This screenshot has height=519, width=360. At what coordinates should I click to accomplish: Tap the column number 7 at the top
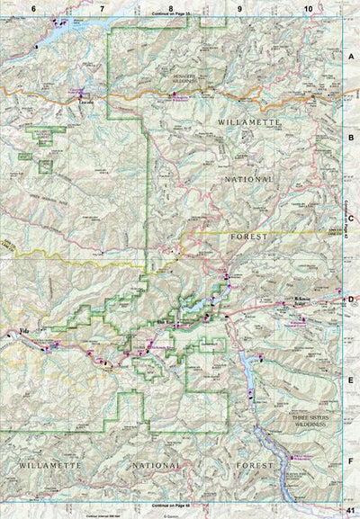click(x=102, y=8)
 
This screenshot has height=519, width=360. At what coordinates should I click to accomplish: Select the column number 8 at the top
click(x=171, y=8)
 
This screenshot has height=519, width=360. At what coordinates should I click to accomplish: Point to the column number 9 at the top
click(x=240, y=8)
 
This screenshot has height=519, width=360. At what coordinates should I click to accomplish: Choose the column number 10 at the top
click(x=309, y=8)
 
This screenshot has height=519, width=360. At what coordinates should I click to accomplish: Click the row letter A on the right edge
click(x=351, y=55)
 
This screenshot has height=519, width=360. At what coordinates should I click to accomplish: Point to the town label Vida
click(x=24, y=333)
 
